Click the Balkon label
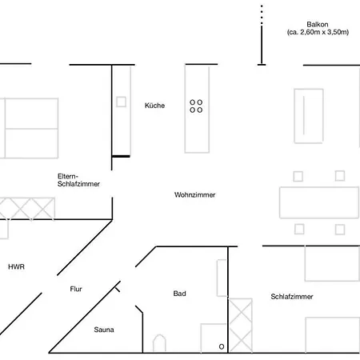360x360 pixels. tap(314, 24)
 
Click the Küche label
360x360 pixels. tap(154, 106)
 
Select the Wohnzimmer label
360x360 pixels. tap(194, 195)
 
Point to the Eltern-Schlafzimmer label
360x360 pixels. tap(78, 179)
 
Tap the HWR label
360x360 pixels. tap(16, 266)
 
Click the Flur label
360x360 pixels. tap(76, 289)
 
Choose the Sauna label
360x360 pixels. tap(104, 329)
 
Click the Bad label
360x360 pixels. tap(179, 294)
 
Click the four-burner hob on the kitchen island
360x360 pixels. tap(196, 106)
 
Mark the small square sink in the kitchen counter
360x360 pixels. tap(122, 102)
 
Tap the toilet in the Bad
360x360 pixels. tap(160, 343)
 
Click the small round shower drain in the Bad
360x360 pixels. tap(222, 346)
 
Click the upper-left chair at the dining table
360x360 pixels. tap(298, 176)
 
